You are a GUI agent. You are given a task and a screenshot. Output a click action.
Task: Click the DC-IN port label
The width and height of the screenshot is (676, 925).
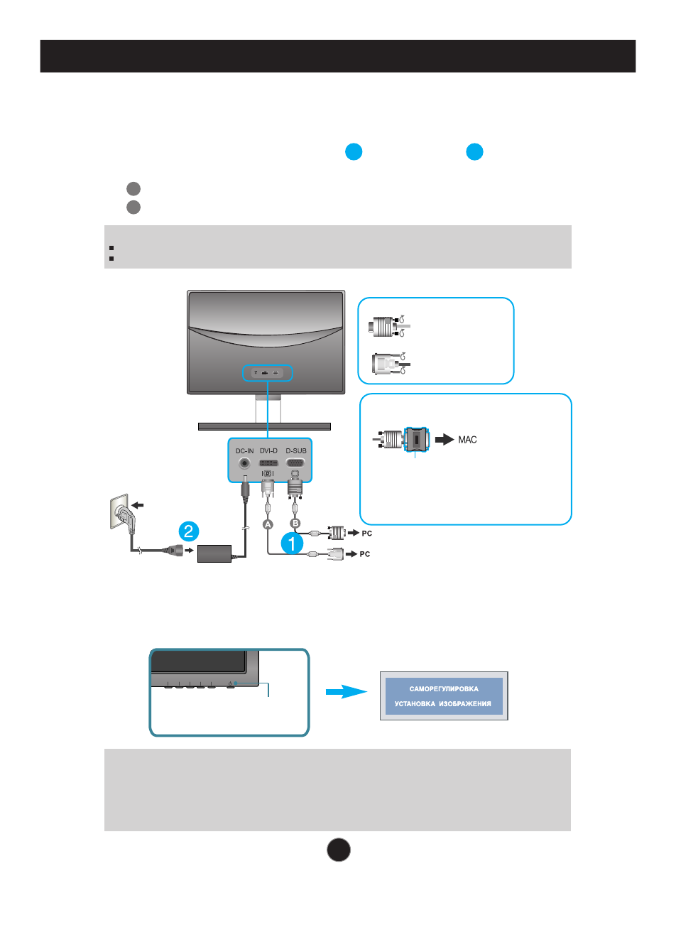point(244,451)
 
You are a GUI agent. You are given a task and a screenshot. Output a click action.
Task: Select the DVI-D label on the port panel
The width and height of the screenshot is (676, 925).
point(269,451)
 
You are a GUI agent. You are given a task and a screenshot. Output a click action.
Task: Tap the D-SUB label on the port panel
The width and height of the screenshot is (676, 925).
point(296,451)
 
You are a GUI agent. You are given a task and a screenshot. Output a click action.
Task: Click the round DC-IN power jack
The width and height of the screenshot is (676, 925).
point(245,463)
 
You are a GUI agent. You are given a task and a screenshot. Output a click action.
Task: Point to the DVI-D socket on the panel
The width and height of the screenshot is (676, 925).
point(269,463)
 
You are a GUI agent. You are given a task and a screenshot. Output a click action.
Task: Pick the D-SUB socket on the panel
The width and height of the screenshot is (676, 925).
point(295,463)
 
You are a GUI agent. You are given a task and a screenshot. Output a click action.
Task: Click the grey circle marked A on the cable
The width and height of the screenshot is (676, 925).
point(268,524)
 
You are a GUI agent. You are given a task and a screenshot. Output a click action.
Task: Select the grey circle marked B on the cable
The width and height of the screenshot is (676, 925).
point(295,524)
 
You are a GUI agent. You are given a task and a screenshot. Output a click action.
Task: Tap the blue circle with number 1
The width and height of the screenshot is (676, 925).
point(292,543)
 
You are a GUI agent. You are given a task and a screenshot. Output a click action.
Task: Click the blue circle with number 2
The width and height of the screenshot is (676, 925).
point(189,531)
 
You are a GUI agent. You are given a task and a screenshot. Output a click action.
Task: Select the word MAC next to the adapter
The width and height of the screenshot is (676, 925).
point(467,440)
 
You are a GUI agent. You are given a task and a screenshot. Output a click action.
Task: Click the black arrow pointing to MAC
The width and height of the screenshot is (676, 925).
point(445,440)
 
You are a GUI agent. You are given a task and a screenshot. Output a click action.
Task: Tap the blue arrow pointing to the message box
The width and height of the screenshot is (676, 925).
point(346,692)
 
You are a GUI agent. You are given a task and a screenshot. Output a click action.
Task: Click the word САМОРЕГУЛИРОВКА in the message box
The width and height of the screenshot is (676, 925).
point(444,688)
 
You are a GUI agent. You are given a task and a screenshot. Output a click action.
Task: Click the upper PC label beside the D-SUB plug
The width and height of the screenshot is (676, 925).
point(366,533)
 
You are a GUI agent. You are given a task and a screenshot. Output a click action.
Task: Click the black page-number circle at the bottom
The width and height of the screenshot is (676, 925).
point(339,850)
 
